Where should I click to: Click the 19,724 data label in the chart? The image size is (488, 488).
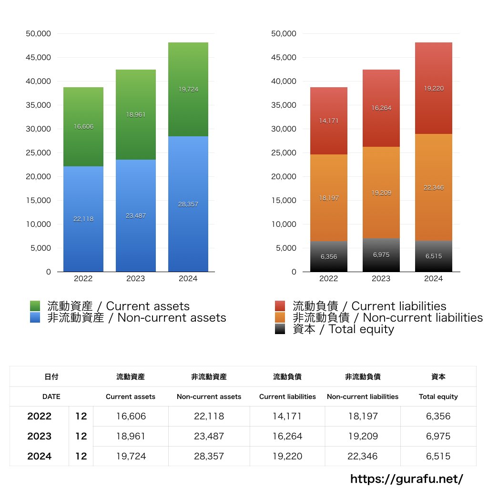pos(188,89)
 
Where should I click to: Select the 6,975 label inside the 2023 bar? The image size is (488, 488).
pos(381,255)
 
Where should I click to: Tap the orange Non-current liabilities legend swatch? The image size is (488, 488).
pos(280,317)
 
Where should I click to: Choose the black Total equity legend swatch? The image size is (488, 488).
pos(280,329)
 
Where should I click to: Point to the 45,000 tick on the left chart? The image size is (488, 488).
pos(38,58)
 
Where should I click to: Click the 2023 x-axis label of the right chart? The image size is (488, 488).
pos(381,279)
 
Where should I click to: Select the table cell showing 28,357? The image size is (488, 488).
pos(209,456)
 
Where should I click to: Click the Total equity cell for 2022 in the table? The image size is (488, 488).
pos(438,416)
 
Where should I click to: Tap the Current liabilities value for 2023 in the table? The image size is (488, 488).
pos(287,436)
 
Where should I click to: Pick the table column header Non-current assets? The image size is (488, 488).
pos(209,396)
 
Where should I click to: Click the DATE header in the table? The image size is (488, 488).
pos(51,396)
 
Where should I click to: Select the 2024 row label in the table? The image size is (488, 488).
pos(39,456)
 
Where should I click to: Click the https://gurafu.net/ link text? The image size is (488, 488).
pos(407,478)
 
